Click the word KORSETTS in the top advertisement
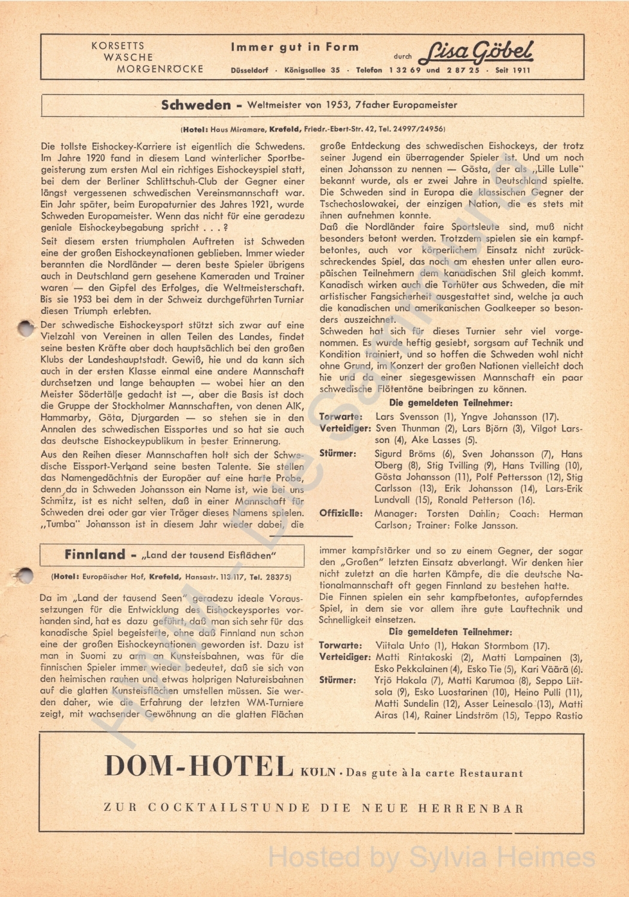(x=118, y=45)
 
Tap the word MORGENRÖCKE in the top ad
(x=160, y=69)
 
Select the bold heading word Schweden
(x=196, y=105)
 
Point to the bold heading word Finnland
(x=94, y=554)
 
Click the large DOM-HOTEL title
(x=199, y=766)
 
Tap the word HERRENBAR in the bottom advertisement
(x=471, y=808)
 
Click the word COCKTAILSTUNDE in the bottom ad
(x=229, y=808)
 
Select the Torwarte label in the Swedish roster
(x=340, y=417)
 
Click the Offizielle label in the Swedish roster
(x=341, y=513)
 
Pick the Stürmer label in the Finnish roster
(x=337, y=681)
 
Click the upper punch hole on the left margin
(x=26, y=327)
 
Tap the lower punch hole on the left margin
(x=25, y=575)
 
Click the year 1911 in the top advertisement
(x=521, y=70)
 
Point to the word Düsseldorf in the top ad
(x=249, y=70)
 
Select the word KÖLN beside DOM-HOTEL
(x=319, y=772)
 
